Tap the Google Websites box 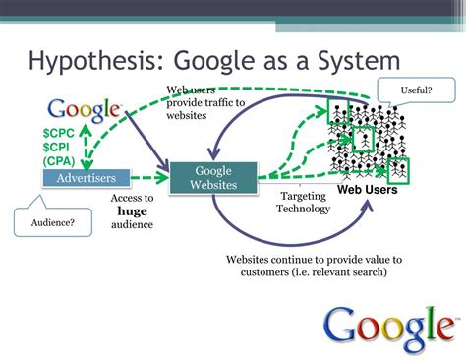(212, 178)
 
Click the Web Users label (368, 190)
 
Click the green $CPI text (58, 146)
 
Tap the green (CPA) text (60, 160)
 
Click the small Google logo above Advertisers (85, 109)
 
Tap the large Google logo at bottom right (388, 328)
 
